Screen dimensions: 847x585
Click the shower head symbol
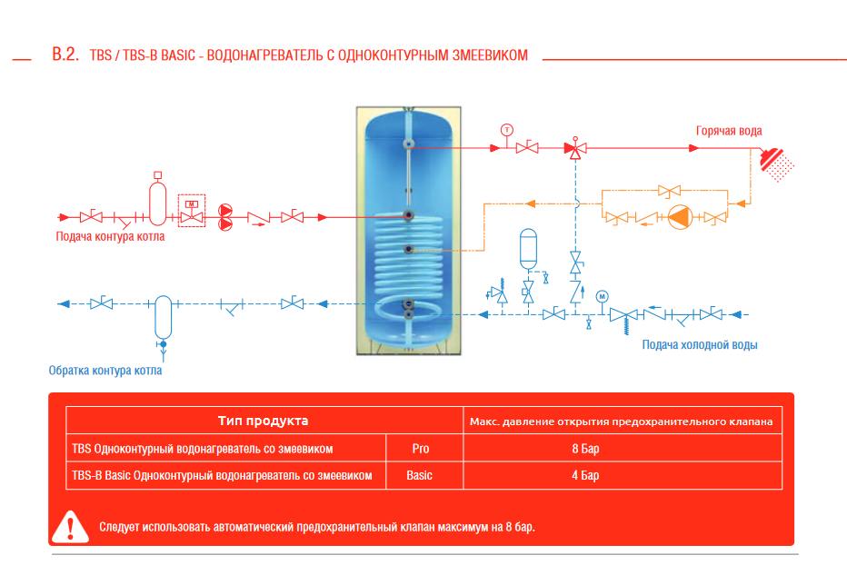click(776, 164)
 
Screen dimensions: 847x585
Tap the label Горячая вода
click(729, 131)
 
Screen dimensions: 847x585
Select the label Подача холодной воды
click(700, 344)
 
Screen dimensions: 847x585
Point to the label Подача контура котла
click(110, 236)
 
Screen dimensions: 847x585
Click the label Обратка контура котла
click(105, 371)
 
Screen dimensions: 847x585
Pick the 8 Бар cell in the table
click(585, 449)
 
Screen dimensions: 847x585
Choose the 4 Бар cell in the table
click(585, 475)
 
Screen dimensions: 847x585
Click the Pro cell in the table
click(420, 449)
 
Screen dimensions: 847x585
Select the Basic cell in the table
click(419, 475)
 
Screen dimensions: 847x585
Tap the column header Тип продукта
click(263, 421)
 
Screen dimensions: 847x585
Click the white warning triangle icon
click(70, 526)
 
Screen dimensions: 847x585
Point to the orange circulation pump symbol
click(681, 217)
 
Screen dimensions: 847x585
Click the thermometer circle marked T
click(507, 130)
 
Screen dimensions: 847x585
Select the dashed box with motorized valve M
click(192, 211)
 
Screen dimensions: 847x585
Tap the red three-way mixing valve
click(575, 147)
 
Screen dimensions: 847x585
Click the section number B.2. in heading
click(65, 54)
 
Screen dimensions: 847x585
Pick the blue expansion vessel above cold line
click(528, 249)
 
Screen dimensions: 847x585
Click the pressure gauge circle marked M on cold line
click(603, 296)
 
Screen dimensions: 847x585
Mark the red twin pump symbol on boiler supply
click(225, 217)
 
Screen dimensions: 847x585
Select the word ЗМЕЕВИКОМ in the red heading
click(490, 55)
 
